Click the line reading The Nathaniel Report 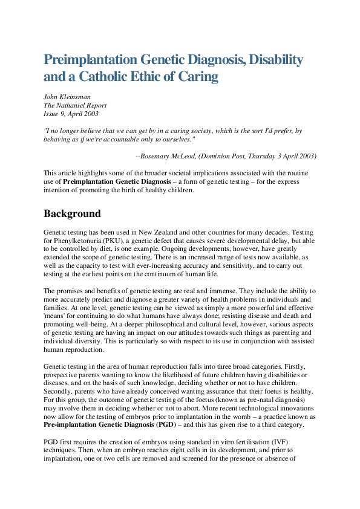74,105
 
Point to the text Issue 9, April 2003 71,114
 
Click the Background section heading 72,214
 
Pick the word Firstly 300,366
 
